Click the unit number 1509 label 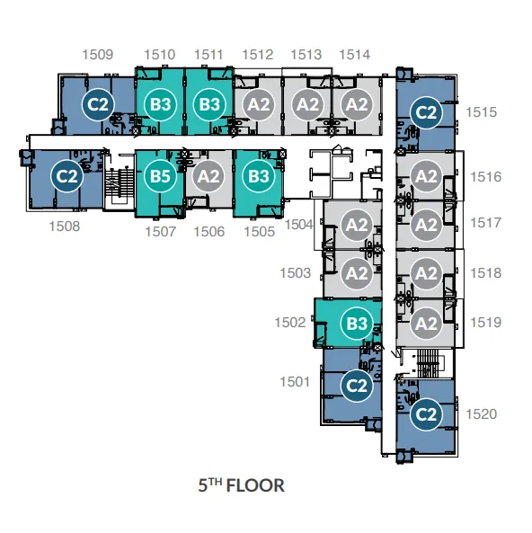[x=98, y=55]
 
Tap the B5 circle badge [x=160, y=176]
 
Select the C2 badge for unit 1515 [x=426, y=112]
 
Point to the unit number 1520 [x=481, y=414]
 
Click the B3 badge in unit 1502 [x=357, y=323]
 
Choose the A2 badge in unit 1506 [x=208, y=176]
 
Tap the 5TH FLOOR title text [x=242, y=485]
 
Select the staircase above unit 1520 [x=428, y=363]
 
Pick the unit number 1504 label [x=298, y=225]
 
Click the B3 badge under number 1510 [x=160, y=104]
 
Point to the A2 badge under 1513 [x=307, y=104]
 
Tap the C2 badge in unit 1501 [x=357, y=386]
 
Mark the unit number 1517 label [x=485, y=223]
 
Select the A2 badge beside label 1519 [x=426, y=323]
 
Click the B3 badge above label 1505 [x=259, y=176]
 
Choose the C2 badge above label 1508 [x=67, y=176]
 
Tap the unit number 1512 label [x=258, y=55]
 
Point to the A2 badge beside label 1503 [x=357, y=273]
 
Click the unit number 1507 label [x=161, y=232]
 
